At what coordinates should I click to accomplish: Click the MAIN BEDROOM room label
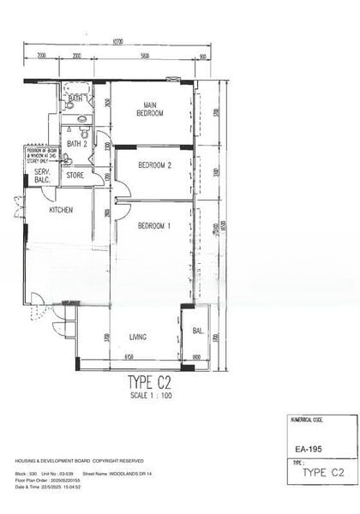tap(151, 109)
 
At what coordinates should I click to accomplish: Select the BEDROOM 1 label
tap(154, 225)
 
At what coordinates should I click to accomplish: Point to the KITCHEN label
tap(61, 210)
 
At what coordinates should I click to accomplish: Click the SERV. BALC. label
tap(42, 176)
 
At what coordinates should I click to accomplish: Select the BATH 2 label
tap(78, 144)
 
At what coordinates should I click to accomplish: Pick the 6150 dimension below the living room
tap(129, 356)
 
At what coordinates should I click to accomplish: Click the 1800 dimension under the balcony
tap(195, 356)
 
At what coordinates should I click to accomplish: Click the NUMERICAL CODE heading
tap(307, 421)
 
